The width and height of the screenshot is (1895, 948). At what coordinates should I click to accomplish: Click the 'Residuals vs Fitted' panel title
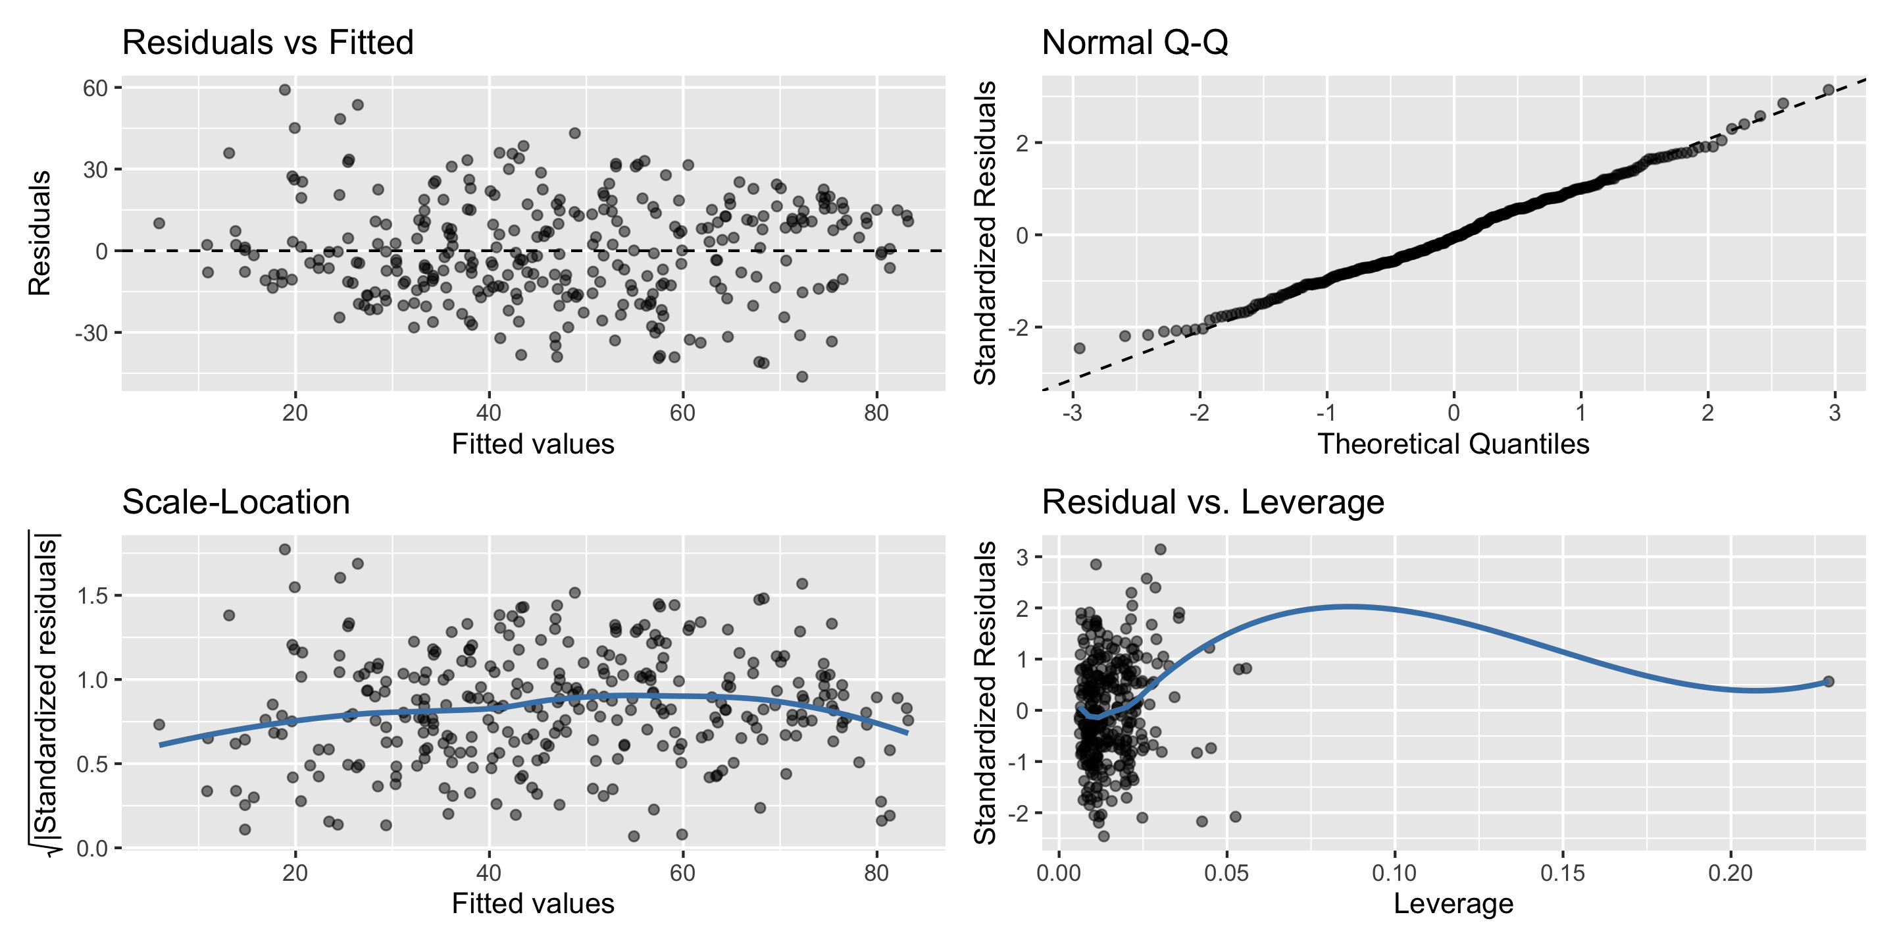[x=268, y=43]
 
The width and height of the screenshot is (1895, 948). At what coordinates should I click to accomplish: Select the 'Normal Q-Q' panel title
[x=1134, y=43]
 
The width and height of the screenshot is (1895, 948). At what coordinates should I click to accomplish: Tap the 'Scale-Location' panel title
[x=236, y=502]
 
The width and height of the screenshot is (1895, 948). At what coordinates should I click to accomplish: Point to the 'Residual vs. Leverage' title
[x=1212, y=502]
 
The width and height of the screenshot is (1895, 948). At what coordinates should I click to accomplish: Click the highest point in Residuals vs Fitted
[x=285, y=90]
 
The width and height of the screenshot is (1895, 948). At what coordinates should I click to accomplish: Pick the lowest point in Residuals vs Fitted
[x=802, y=377]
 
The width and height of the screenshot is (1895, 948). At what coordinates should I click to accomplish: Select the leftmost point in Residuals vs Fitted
[x=159, y=223]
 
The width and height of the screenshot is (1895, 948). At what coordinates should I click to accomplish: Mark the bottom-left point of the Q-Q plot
[x=1079, y=348]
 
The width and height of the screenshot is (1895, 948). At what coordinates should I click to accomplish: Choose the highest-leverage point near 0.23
[x=1829, y=681]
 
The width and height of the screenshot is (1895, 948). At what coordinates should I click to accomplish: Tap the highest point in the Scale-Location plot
[x=285, y=549]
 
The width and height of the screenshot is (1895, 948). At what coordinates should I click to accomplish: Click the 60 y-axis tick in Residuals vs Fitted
[x=95, y=88]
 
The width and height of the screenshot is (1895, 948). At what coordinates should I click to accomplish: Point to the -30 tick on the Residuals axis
[x=91, y=332]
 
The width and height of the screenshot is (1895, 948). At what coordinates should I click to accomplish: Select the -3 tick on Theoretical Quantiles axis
[x=1073, y=413]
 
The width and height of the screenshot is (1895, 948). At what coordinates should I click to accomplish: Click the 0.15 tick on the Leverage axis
[x=1563, y=873]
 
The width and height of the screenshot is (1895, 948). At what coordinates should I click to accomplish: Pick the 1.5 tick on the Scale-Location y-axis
[x=93, y=594]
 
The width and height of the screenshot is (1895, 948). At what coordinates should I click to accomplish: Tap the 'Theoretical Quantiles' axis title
[x=1453, y=444]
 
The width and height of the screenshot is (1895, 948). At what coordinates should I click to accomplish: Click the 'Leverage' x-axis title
[x=1453, y=904]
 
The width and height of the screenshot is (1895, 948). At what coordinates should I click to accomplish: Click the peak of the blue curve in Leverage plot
[x=1350, y=606]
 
